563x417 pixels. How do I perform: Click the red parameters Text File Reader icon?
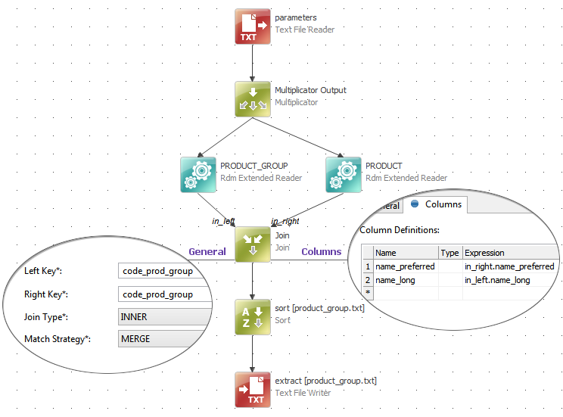(252, 27)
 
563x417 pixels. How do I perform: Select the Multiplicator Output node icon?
(252, 99)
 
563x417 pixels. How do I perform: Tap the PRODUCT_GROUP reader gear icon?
(199, 174)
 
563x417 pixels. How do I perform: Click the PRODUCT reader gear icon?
(344, 174)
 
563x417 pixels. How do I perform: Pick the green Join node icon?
(252, 244)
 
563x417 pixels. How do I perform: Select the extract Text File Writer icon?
(252, 390)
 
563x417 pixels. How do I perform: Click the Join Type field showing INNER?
(163, 317)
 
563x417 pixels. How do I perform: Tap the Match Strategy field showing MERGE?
(163, 339)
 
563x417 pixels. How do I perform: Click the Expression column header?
(484, 253)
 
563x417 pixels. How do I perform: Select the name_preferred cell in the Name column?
(405, 266)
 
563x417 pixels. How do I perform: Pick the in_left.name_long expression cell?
(497, 280)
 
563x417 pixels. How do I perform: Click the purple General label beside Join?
(207, 252)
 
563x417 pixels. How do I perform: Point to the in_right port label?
(285, 222)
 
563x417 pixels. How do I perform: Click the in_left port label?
(223, 222)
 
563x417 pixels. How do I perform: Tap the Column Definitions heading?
(400, 230)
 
